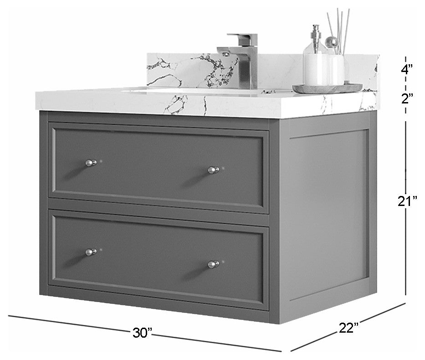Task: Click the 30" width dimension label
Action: point(142,333)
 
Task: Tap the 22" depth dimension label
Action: point(349,328)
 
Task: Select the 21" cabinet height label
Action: point(407,201)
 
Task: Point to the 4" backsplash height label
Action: point(407,69)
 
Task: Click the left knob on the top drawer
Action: point(91,163)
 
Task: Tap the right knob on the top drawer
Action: point(214,170)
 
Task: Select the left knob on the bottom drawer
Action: point(91,252)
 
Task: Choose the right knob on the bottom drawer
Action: point(214,264)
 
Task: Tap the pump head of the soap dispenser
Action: point(316,32)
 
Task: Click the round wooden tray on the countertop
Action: point(328,88)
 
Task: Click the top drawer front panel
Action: point(159,167)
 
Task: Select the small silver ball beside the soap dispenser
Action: point(332,42)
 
